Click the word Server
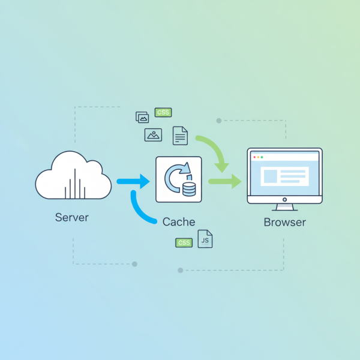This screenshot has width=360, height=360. coord(71,217)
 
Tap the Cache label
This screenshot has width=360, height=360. coord(179,221)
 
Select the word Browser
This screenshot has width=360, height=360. coord(284,222)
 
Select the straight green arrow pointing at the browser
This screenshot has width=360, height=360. coord(225,181)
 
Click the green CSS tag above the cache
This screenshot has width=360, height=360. coord(163,112)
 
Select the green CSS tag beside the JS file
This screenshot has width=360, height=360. coord(184,243)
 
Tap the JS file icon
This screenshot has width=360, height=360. coord(205,239)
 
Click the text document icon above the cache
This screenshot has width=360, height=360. coord(180,136)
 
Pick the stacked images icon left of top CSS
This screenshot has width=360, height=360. coord(142,117)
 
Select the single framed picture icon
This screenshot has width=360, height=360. coord(154,135)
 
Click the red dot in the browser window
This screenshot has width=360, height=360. coord(254,157)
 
